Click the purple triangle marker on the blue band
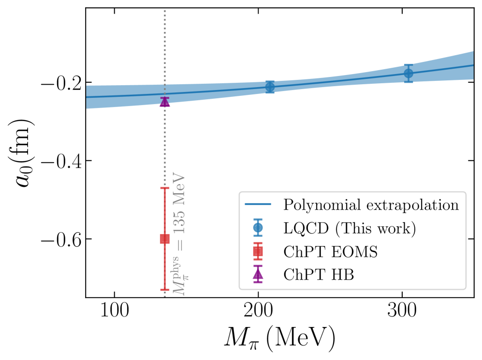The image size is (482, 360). [x=165, y=102]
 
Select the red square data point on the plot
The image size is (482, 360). [x=164, y=239]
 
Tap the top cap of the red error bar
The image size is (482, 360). [x=165, y=188]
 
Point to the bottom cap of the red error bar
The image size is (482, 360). [x=165, y=289]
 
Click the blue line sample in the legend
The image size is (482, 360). [x=258, y=205]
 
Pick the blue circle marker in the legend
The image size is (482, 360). [x=258, y=227]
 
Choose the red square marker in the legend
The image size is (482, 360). [x=258, y=251]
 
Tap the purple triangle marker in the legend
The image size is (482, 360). [x=258, y=274]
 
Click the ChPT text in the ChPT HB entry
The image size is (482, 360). [x=303, y=275]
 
